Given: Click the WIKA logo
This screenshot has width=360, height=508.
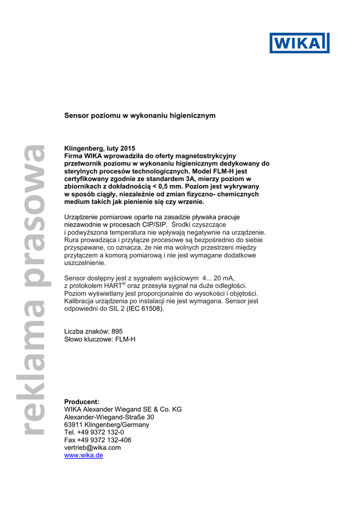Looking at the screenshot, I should tap(299, 43).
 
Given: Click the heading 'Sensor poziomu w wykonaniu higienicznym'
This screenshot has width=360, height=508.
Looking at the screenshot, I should tap(140, 116).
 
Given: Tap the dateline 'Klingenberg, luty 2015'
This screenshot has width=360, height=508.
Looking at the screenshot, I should tap(100, 148).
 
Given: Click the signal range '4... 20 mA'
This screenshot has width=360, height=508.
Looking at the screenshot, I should tap(218, 278).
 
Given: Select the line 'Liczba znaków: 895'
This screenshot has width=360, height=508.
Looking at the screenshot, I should tap(93, 331).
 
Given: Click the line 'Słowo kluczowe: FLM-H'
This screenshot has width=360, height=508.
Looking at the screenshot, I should tap(100, 339).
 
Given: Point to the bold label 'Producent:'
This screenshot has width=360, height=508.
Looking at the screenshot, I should tap(82, 401).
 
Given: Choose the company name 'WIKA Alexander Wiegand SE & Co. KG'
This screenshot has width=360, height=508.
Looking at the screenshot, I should tap(123, 409).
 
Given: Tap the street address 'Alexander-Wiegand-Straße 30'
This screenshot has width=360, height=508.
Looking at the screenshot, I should tap(109, 417).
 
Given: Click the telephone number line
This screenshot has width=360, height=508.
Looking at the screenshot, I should tap(94, 433).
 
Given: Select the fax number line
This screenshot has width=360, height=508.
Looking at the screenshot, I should tap(98, 440).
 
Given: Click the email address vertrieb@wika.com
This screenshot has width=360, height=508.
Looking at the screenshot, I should tap(92, 447).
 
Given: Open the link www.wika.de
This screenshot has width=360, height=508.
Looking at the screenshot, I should tap(83, 455).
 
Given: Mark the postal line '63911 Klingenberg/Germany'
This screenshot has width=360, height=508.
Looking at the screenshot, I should tap(107, 425).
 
